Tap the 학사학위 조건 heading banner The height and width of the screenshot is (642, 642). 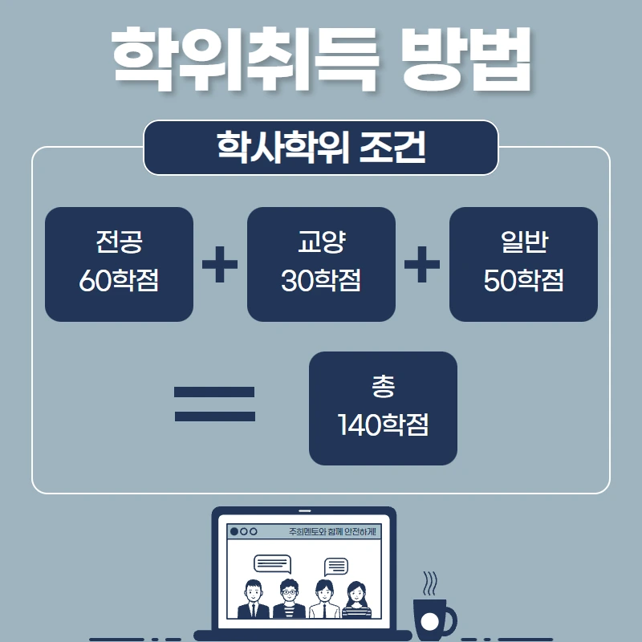321,148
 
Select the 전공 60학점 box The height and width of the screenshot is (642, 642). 119,264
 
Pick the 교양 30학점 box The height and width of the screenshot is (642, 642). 321,264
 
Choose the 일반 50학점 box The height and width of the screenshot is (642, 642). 523,264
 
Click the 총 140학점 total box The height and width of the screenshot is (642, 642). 383,408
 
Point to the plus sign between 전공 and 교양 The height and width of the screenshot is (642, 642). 220,264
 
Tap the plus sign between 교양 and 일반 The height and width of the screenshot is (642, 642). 422,264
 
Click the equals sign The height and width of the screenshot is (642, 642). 214,404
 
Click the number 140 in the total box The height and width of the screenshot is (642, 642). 359,425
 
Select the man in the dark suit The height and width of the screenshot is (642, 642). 254,599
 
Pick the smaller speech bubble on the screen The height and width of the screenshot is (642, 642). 335,567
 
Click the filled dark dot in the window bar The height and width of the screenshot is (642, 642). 234,531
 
